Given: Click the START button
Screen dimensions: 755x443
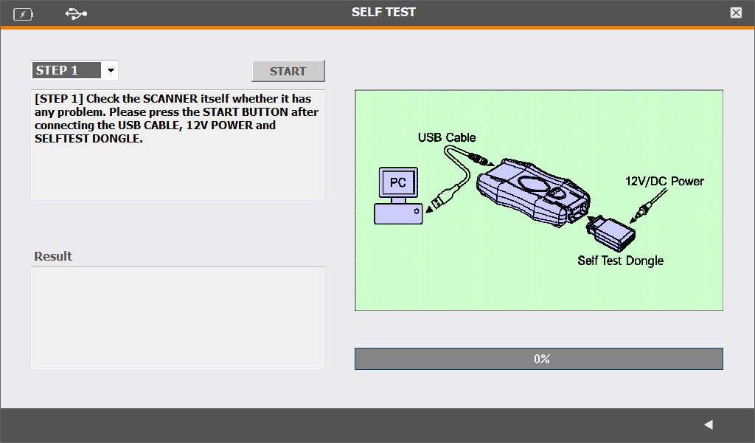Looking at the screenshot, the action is [x=288, y=71].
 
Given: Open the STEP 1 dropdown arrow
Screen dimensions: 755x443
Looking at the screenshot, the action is [x=111, y=70].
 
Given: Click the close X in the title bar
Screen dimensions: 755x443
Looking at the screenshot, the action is [x=736, y=13].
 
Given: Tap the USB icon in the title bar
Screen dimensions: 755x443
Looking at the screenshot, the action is [x=76, y=14].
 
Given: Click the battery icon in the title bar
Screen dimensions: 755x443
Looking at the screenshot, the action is [x=23, y=15].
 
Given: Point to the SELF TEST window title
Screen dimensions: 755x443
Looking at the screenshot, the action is [x=383, y=12].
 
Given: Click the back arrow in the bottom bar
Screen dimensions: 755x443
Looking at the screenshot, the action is [x=709, y=425].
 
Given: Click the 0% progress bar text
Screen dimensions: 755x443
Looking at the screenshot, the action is [x=542, y=359].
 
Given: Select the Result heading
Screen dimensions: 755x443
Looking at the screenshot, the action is [x=53, y=256].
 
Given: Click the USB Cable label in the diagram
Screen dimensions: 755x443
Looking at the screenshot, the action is [x=447, y=137].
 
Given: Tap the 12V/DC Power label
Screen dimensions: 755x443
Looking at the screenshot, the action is [x=664, y=181].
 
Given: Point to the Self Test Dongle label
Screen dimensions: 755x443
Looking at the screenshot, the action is [x=621, y=261].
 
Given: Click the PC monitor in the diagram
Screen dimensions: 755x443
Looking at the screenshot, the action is [x=398, y=182].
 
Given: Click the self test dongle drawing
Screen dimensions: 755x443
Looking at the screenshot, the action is [x=610, y=233].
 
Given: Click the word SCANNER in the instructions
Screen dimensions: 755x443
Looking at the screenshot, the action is [x=170, y=98].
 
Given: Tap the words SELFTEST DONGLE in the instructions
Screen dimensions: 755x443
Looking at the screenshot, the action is [x=88, y=139].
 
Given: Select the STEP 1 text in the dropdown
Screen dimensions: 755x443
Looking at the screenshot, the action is [x=57, y=70].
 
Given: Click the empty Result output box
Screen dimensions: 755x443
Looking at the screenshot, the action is [x=178, y=318].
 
